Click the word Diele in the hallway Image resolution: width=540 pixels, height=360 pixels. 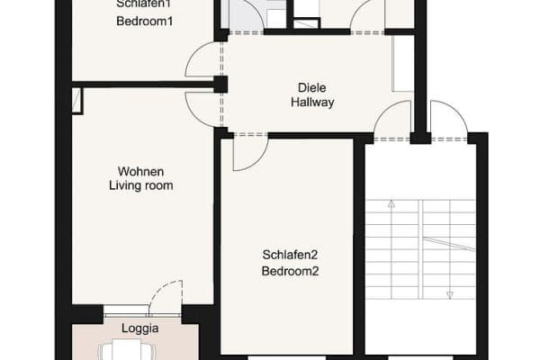coord(312,88)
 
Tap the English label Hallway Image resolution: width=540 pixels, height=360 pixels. coord(312,103)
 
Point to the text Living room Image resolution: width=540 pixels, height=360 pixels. coord(140,185)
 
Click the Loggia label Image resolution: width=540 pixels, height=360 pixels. coord(140,328)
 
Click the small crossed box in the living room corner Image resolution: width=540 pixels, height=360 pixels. coord(77,100)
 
